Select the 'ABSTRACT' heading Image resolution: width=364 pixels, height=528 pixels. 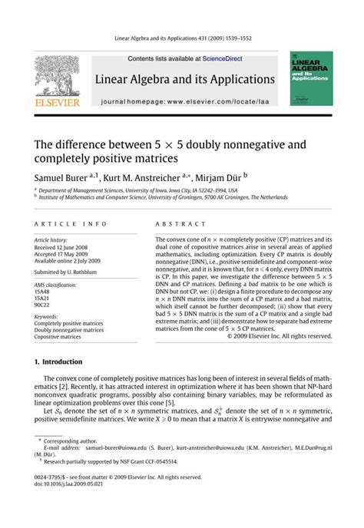pos(174,224)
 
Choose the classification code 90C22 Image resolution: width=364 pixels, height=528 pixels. pos(42,303)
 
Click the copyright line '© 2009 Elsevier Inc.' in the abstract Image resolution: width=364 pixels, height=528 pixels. pos(280,336)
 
